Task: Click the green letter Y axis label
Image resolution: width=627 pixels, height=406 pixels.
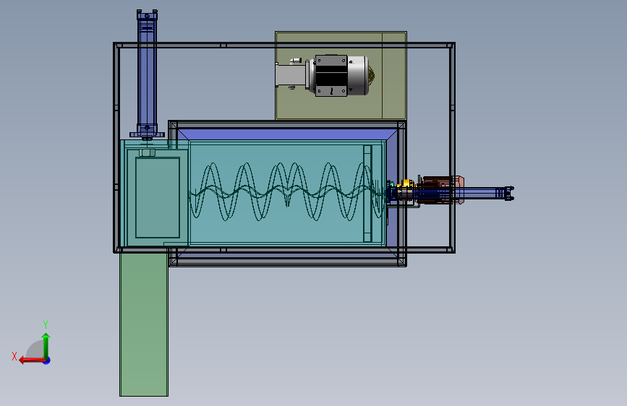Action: coord(46,324)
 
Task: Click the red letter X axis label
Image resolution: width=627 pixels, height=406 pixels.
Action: coord(14,356)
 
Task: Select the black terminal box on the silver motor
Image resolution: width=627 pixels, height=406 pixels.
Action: coord(330,76)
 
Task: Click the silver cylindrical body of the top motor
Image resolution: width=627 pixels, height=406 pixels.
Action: coord(357,76)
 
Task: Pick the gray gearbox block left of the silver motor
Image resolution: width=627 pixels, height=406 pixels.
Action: coord(291,76)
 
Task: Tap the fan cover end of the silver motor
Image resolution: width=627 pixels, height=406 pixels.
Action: coord(372,76)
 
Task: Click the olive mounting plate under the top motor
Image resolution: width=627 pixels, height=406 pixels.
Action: coord(341,75)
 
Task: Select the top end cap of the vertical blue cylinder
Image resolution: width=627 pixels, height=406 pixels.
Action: coord(147,15)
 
